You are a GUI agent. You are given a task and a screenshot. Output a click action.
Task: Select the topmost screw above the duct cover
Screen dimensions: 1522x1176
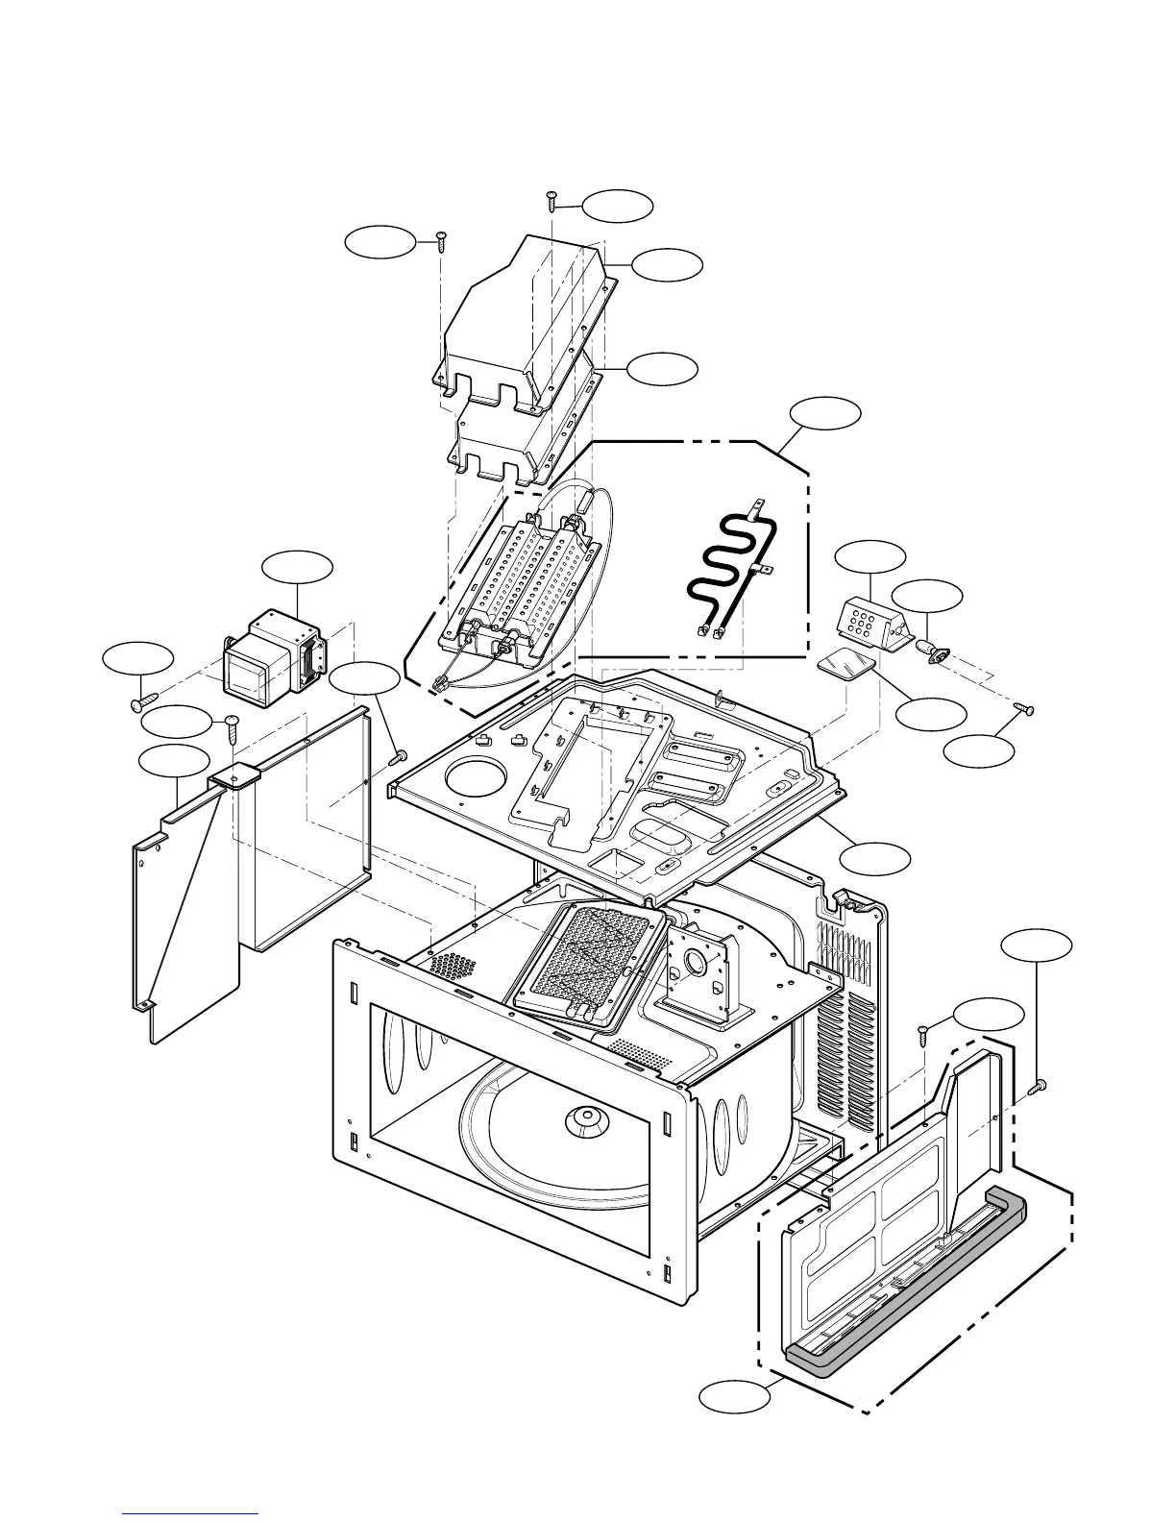(x=552, y=199)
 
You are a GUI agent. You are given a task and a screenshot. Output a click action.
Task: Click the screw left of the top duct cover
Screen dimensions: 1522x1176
(x=441, y=239)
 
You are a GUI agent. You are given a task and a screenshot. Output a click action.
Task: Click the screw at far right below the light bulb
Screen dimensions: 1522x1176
(x=1026, y=709)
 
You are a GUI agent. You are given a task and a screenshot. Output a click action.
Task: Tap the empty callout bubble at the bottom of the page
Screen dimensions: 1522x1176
(x=735, y=1396)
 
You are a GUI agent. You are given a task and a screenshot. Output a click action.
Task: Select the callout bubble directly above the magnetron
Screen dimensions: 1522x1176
(x=298, y=568)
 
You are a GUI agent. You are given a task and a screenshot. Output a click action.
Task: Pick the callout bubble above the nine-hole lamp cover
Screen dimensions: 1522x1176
(x=870, y=557)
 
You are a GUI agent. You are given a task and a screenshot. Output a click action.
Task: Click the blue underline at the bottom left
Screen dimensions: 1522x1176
(x=190, y=1514)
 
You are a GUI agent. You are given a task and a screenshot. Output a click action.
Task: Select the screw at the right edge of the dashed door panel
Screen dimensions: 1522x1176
(x=1037, y=1087)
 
